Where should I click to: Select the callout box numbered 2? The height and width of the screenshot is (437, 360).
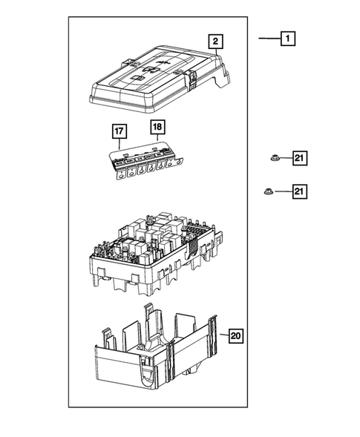pos(214,42)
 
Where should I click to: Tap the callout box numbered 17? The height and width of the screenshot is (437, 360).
pos(119,132)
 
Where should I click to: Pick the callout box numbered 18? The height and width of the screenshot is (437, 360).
pos(157,127)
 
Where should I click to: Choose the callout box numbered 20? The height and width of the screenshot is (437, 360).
pos(235,336)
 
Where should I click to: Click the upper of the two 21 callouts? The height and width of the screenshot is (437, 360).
pos(298,157)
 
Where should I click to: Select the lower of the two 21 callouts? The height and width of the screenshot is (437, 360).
pos(298,192)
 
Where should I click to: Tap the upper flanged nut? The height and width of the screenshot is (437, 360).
pos(273,157)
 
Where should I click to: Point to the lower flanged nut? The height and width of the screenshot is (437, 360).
pos(267,192)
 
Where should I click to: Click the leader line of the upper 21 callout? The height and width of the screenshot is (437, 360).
pos(285,157)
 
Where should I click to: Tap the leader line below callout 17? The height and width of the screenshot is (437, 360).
pos(119,145)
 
